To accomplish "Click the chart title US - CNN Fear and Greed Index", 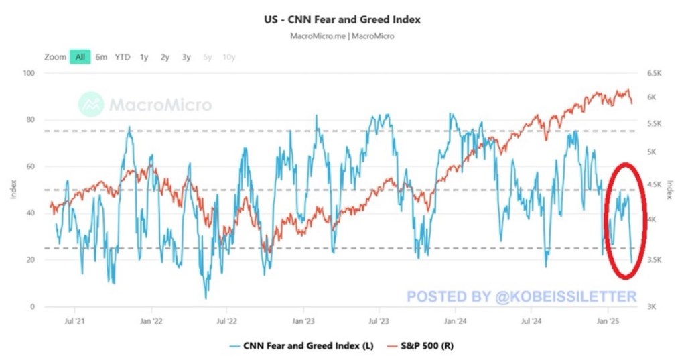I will pos(342,20).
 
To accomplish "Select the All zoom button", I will pos(80,57).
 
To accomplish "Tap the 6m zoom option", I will pos(101,57).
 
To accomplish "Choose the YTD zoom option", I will pos(123,57).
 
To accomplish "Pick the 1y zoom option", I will pos(144,57).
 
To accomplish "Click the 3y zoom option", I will pos(186,57).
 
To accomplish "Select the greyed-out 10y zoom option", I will pos(229,57).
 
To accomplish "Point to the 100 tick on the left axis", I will pos(28,73).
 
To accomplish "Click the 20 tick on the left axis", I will pos(31,260).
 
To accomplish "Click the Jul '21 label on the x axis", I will pos(74,321).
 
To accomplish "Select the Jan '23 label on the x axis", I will pos(303,321).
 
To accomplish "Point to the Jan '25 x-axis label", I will pos(607,321).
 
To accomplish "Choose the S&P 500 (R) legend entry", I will pos(422,345).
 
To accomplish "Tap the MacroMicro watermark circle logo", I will pos(91,105).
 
